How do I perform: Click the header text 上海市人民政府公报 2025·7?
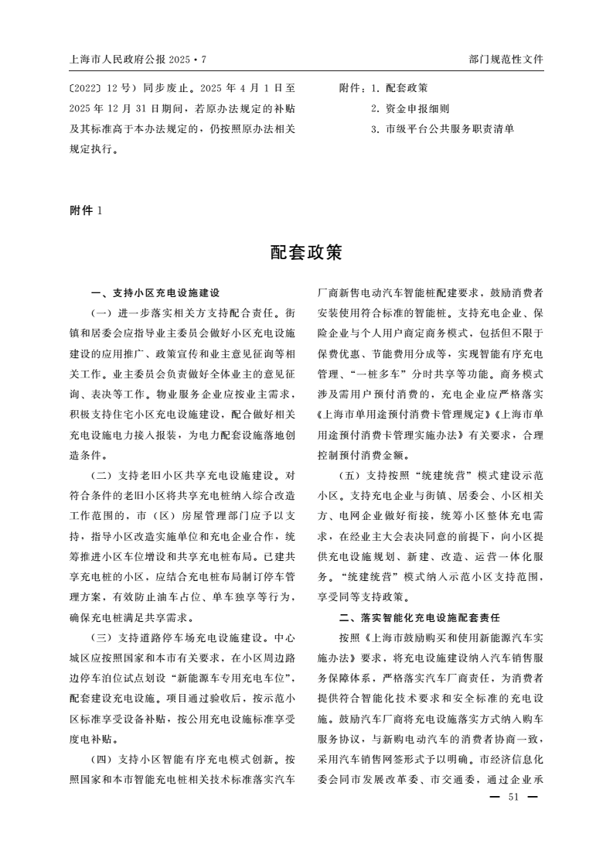point(138,59)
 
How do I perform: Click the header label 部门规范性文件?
point(506,59)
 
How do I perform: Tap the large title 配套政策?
point(306,252)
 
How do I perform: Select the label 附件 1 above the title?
point(86,210)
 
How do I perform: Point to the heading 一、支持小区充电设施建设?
point(155,293)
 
